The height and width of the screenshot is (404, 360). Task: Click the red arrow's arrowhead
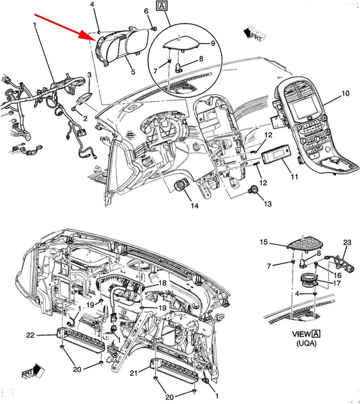tap(88, 36)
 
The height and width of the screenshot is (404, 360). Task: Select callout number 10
tap(345, 94)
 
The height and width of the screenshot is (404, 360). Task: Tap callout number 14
tap(194, 205)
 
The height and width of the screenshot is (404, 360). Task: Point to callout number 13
tap(268, 203)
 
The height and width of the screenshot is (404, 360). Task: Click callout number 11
tap(294, 176)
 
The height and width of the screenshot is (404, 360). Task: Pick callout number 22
tap(30, 335)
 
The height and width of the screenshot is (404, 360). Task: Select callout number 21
tap(133, 372)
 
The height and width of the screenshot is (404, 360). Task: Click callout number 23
tap(347, 242)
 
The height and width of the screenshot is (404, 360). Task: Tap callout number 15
tap(264, 242)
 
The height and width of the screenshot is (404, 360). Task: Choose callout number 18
tap(162, 283)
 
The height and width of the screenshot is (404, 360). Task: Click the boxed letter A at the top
tap(162, 5)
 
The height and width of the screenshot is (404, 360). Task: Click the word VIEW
tap(301, 334)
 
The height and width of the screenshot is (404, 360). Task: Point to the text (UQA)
tap(306, 343)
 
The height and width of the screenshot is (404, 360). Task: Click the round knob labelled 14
tap(180, 186)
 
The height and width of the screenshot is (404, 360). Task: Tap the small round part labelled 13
tap(253, 190)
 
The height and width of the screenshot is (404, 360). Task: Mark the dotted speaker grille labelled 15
tap(305, 242)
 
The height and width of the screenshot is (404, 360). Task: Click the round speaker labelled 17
tap(309, 280)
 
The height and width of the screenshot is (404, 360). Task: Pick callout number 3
tap(89, 75)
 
